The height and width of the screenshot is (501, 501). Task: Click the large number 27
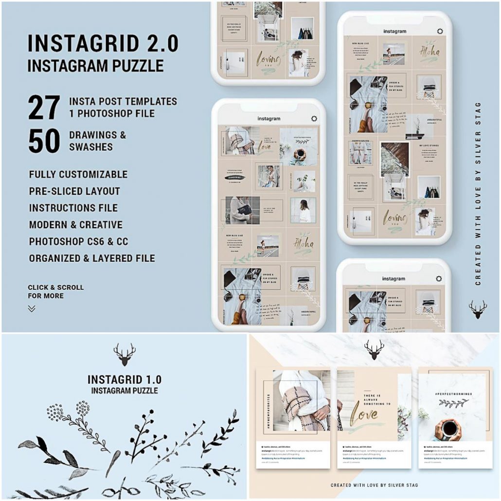(x=44, y=108)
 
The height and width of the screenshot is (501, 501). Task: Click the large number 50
(x=44, y=141)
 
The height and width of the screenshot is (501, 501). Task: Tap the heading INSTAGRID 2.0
(x=103, y=44)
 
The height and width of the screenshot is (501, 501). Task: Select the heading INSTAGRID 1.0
(x=125, y=380)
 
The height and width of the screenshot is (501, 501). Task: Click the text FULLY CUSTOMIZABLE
(x=78, y=174)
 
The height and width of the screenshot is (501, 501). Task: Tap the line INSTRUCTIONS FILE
(x=73, y=208)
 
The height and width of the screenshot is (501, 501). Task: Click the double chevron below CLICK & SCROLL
(x=32, y=308)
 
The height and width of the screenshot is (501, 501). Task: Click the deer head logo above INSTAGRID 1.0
(x=125, y=355)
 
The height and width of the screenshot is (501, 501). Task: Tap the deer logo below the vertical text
(x=478, y=309)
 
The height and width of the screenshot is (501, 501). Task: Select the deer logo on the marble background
(x=374, y=350)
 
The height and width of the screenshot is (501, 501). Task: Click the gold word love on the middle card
(x=365, y=414)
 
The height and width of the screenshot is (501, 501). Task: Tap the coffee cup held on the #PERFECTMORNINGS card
(x=449, y=428)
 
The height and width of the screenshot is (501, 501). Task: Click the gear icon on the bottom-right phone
(x=439, y=279)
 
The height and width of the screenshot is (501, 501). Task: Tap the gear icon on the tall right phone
(x=440, y=32)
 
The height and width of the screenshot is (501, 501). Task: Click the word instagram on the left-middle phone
(x=268, y=119)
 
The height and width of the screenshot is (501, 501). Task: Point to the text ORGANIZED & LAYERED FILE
(x=92, y=258)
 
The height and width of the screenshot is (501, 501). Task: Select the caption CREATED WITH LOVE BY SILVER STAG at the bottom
(x=374, y=485)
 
